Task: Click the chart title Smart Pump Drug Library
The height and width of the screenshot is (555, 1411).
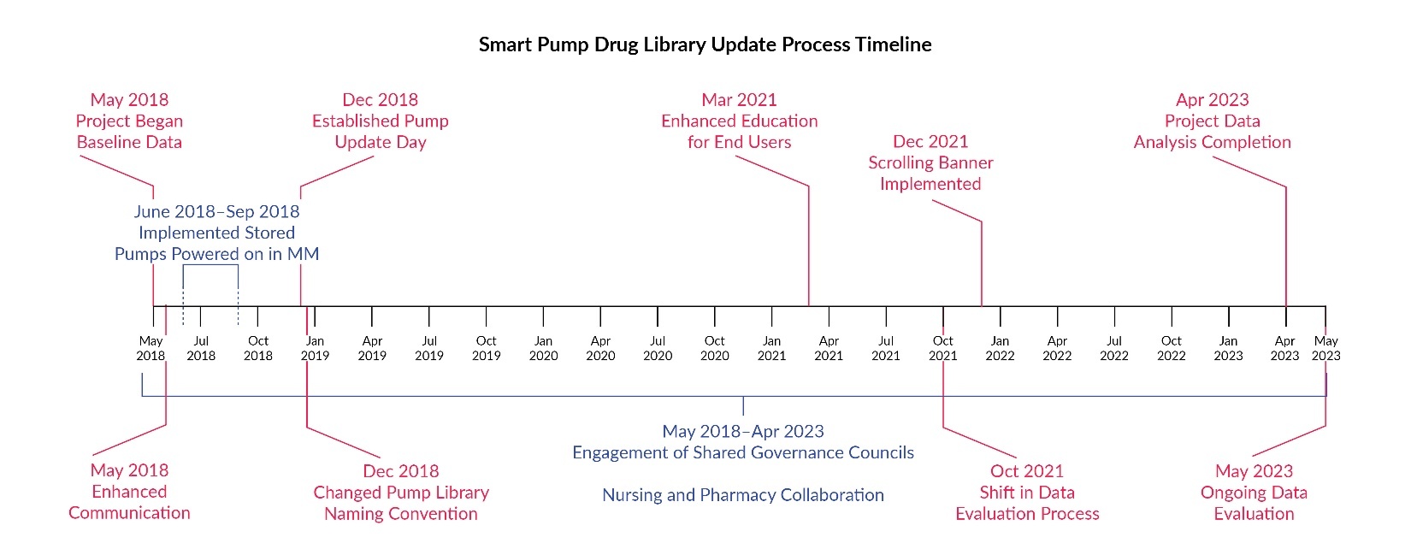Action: tap(705, 44)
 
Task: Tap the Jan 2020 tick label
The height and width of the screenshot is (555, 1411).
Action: tap(543, 348)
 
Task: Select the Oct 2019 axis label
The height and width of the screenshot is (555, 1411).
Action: tap(486, 348)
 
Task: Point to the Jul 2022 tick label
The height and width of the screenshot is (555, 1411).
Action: tap(1113, 348)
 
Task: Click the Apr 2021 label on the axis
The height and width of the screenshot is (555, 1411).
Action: tap(828, 348)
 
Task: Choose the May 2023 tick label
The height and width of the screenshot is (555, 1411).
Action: tap(1325, 348)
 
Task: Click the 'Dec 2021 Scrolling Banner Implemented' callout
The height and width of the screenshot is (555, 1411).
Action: tap(930, 162)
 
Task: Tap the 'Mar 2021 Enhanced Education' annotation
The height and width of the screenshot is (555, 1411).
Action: tap(739, 121)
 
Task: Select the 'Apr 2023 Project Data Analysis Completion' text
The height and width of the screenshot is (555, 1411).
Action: tap(1212, 121)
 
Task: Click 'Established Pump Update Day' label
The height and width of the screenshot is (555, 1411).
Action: tap(380, 131)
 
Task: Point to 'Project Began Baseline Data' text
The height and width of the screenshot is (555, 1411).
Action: tap(129, 131)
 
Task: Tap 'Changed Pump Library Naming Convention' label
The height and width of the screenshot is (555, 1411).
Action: tap(400, 503)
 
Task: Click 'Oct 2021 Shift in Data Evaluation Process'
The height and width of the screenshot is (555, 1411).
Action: tap(1026, 493)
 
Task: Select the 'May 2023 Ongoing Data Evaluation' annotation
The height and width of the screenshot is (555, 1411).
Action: tap(1254, 493)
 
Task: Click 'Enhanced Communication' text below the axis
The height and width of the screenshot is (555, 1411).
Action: tap(129, 502)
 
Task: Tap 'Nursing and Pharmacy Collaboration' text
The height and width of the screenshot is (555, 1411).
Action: tap(742, 495)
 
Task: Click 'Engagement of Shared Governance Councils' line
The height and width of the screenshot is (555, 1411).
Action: tap(742, 452)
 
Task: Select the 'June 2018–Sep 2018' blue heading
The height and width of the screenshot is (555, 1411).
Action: tap(216, 211)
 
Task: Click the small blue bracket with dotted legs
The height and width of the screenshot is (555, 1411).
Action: tap(210, 266)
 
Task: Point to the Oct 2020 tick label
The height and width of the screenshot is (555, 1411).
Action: tap(714, 348)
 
